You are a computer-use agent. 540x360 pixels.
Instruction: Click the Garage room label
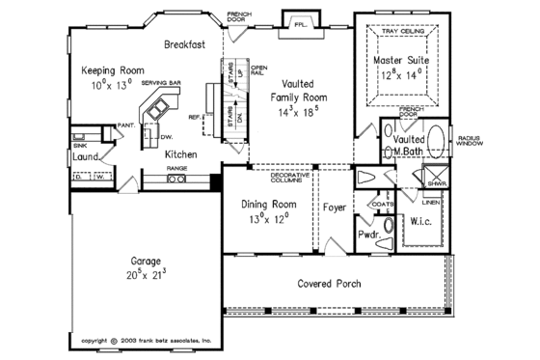[x=146, y=261]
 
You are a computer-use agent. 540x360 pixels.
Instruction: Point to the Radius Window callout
[x=499, y=142]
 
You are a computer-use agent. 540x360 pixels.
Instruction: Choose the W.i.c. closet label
[x=422, y=219]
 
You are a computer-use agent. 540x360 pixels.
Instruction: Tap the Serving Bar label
[x=161, y=84]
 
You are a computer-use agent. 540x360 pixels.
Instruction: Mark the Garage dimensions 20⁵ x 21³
[x=146, y=274]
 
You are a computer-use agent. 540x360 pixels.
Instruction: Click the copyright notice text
[x=147, y=341]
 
